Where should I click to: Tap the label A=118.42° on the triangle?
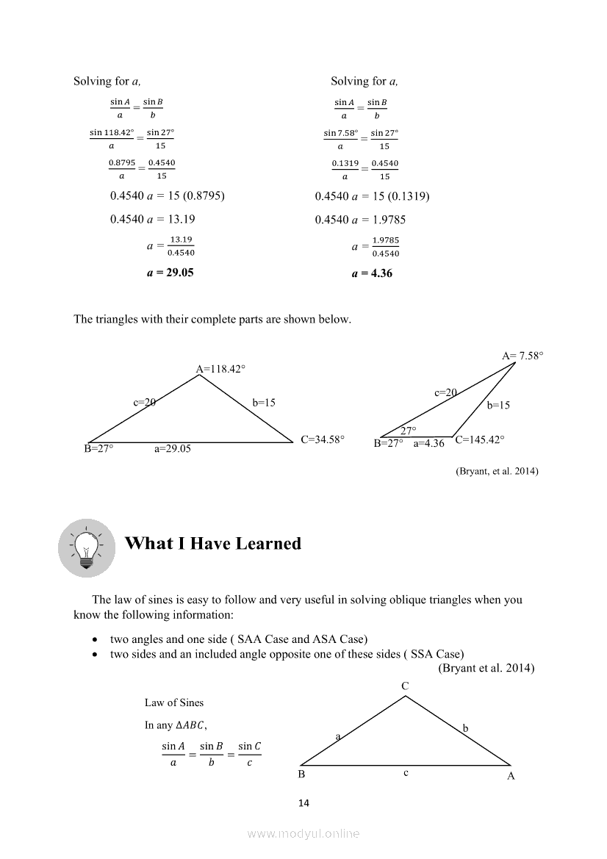[x=220, y=369]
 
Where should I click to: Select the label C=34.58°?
[x=323, y=439]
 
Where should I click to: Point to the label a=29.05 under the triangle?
[x=172, y=448]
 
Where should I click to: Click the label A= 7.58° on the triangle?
[x=522, y=356]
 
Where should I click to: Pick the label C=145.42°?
[x=480, y=440]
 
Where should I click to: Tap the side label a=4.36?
[x=429, y=443]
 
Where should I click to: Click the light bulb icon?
[x=87, y=547]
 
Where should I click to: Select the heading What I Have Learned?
[x=213, y=544]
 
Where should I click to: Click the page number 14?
[x=303, y=803]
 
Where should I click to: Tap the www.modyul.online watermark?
[x=303, y=833]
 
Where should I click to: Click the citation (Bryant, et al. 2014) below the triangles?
[x=497, y=471]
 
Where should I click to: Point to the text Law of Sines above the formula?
[x=174, y=702]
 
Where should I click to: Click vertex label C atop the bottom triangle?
[x=405, y=686]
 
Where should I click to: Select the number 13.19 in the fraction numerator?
[x=181, y=240]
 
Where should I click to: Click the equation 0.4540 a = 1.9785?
[x=360, y=219]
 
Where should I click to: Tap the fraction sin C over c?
[x=250, y=754]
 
